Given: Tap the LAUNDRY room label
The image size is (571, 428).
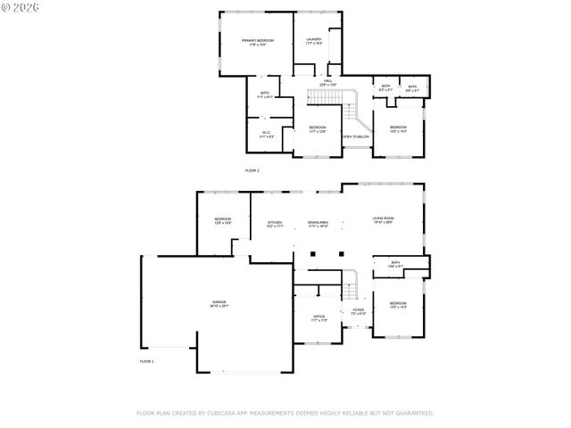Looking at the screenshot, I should [314, 39].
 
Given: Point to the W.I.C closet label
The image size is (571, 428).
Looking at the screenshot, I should [266, 133].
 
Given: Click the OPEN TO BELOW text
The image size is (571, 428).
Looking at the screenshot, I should [356, 136].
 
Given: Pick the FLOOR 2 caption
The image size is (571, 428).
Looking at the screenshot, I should [252, 169].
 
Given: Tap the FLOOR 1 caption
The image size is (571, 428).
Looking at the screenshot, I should [146, 361].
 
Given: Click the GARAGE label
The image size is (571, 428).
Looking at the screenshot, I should [219, 303].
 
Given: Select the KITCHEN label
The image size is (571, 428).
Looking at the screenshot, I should [275, 222].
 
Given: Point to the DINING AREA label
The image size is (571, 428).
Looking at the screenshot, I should [319, 222].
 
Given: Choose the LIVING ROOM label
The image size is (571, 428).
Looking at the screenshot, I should [384, 218].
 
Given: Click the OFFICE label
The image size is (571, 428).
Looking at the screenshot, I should [319, 317].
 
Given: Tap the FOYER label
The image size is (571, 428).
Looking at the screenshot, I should [357, 310].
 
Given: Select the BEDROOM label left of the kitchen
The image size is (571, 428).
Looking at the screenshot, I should [222, 219].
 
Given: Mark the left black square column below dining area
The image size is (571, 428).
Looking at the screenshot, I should [311, 253].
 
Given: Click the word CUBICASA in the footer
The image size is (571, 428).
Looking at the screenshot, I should [221, 413].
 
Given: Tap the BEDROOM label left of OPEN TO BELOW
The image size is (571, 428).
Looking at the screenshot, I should [317, 128].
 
